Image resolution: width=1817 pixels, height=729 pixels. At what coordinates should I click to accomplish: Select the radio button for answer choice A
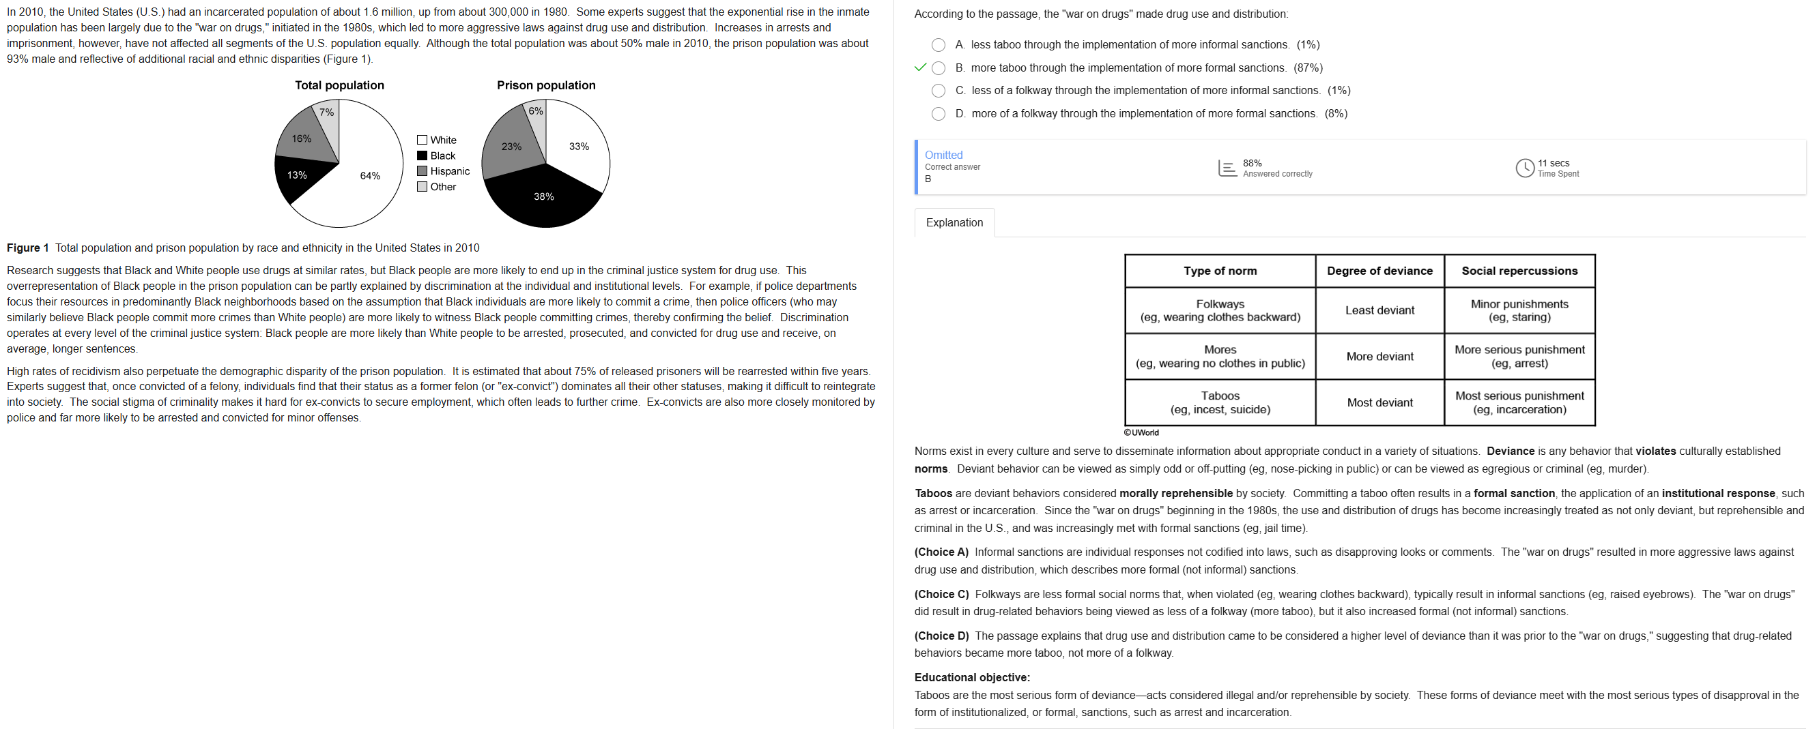click(x=938, y=45)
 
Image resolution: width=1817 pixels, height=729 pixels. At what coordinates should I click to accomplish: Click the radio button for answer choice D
click(x=938, y=114)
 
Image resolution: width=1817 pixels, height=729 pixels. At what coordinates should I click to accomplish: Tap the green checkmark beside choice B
click(x=920, y=68)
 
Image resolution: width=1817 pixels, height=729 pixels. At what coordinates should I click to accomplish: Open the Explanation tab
click(x=954, y=223)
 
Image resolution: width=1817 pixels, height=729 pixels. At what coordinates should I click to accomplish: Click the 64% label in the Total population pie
click(x=371, y=175)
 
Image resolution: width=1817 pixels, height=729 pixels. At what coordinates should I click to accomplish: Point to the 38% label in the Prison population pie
click(x=543, y=196)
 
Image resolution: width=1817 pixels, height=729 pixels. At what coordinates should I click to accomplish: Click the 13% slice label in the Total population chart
click(x=297, y=175)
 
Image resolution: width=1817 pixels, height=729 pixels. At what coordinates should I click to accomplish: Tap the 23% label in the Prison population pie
click(x=511, y=147)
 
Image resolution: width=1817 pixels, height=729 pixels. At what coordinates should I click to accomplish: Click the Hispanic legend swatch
click(x=422, y=171)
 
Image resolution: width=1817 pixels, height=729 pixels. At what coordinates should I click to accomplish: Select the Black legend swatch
click(x=422, y=155)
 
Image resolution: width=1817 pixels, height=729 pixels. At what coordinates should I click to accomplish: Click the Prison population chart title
click(x=546, y=85)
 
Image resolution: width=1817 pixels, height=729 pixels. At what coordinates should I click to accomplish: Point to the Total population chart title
click(x=339, y=85)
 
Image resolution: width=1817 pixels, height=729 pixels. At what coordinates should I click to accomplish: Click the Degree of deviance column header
click(x=1379, y=271)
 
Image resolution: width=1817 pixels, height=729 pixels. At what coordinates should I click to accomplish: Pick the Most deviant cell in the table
click(x=1379, y=402)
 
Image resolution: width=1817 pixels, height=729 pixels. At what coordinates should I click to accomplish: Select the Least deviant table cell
click(x=1379, y=310)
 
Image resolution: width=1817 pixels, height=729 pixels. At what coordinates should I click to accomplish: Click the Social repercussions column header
click(x=1519, y=271)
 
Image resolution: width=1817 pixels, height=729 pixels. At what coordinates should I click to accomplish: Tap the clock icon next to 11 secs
click(x=1524, y=168)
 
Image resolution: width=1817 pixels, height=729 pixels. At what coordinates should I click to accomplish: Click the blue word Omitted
click(x=943, y=155)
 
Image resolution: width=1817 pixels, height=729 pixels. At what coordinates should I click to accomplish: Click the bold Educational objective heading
click(x=971, y=678)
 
